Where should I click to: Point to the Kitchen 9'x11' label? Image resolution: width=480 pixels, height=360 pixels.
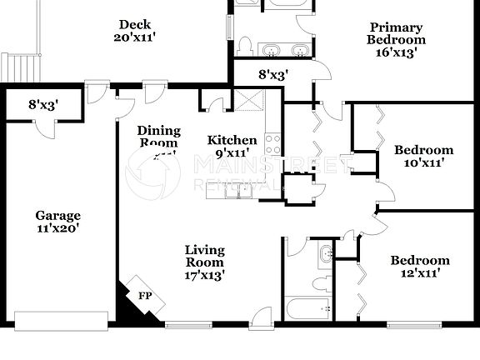232,146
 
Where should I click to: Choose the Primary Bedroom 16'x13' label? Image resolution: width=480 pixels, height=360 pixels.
397,39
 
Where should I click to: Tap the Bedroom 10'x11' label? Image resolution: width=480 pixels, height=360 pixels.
423,156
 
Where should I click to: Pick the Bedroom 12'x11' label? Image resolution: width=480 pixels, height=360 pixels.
420,266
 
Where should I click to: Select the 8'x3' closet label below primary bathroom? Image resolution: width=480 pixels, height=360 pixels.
273,74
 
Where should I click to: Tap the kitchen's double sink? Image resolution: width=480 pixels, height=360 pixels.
239,192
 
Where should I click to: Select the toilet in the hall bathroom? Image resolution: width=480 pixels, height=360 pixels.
322,282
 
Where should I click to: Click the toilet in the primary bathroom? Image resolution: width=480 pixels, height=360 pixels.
247,46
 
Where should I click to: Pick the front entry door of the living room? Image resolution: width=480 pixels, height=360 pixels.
261,317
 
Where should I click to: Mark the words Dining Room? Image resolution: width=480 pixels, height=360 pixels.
157,137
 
